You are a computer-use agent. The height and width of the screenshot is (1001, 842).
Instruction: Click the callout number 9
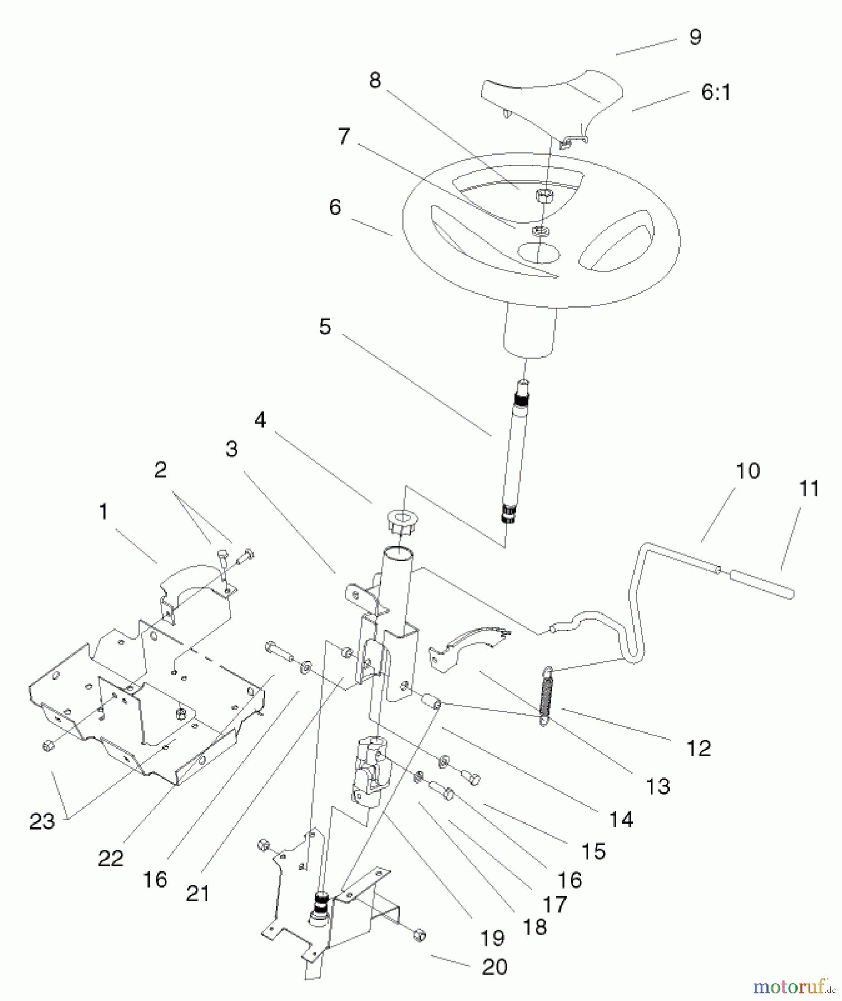pyautogui.click(x=695, y=37)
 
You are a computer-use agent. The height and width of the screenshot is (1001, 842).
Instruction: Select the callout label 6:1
pyautogui.click(x=715, y=92)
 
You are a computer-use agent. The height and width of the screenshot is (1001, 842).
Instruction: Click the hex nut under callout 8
pyautogui.click(x=544, y=195)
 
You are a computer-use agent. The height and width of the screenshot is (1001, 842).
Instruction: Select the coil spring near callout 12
pyautogui.click(x=546, y=696)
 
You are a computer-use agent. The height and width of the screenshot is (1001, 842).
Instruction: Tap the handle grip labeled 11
pyautogui.click(x=762, y=584)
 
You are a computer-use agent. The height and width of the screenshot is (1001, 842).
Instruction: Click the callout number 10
pyautogui.click(x=747, y=471)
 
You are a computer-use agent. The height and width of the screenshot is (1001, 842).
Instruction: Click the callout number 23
pyautogui.click(x=42, y=821)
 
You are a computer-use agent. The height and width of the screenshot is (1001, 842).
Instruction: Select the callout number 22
pyautogui.click(x=111, y=858)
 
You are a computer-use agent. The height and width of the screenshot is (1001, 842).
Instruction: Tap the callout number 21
pyautogui.click(x=198, y=894)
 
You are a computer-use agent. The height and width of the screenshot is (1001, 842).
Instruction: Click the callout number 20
pyautogui.click(x=494, y=967)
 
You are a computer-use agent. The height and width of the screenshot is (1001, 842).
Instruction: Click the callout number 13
pyautogui.click(x=658, y=786)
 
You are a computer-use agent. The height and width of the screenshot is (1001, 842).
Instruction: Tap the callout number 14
pyautogui.click(x=621, y=819)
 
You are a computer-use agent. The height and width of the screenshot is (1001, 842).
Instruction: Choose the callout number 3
pyautogui.click(x=232, y=449)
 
